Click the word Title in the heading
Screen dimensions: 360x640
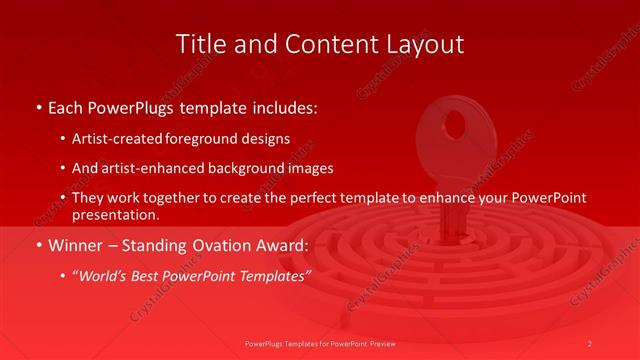coord(199,44)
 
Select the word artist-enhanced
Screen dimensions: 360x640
coord(150,168)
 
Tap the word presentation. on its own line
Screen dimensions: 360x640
coord(115,214)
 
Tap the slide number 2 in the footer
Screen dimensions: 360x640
coord(591,343)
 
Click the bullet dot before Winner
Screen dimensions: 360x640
coord(38,244)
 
